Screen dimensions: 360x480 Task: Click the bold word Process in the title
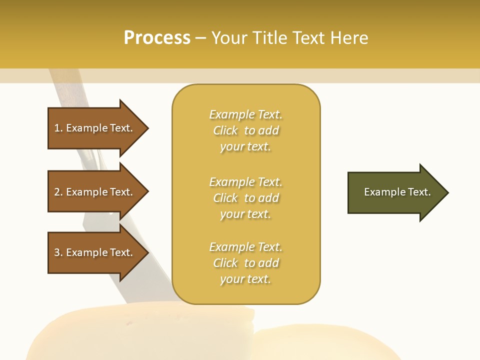[x=157, y=38]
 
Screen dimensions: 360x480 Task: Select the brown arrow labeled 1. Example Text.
[x=95, y=128]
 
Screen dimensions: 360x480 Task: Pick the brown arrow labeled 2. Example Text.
[x=95, y=192]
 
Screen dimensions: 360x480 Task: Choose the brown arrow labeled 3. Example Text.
[x=95, y=252]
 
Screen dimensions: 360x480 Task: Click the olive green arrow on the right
[x=395, y=192]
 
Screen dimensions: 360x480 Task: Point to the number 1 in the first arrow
[x=57, y=128]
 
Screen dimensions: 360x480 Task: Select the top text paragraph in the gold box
[x=246, y=130]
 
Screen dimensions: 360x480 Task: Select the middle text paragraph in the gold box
[x=246, y=198]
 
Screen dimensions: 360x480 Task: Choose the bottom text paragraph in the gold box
[x=246, y=263]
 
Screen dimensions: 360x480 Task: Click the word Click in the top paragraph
[x=225, y=130]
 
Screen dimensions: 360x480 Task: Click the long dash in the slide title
[x=200, y=38]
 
